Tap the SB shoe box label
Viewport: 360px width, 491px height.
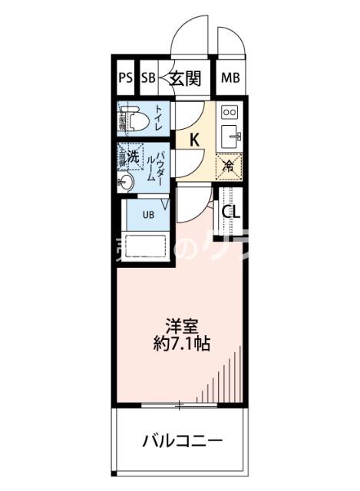tap(147, 77)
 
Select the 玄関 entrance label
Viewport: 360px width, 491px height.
tap(185, 77)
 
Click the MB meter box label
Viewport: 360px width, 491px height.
tap(230, 77)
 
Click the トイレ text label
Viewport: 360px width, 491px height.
tap(158, 119)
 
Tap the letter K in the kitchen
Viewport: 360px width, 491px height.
tap(194, 140)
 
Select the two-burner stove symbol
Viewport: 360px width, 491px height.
tap(229, 112)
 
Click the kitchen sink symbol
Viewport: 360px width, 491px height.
tap(230, 137)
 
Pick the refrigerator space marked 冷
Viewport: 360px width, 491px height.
tap(229, 163)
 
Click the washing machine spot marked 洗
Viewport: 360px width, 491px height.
tap(133, 156)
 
